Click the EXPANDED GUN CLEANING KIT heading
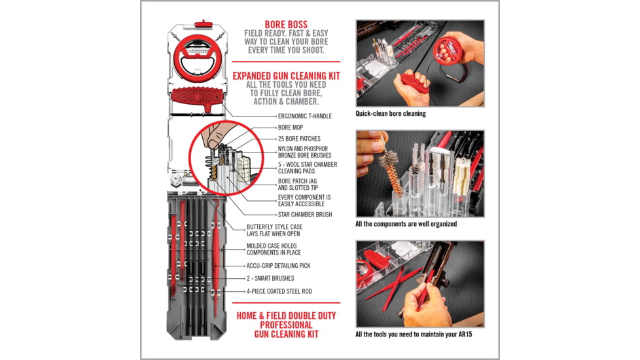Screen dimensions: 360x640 click(286, 76)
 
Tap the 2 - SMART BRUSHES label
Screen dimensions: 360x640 click(270, 278)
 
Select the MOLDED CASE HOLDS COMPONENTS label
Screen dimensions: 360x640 click(274, 249)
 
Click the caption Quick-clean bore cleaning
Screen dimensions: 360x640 click(391, 113)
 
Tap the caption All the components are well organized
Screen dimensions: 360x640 click(406, 224)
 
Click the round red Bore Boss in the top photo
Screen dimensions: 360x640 click(450, 49)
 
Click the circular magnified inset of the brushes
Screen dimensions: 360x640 click(219, 158)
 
